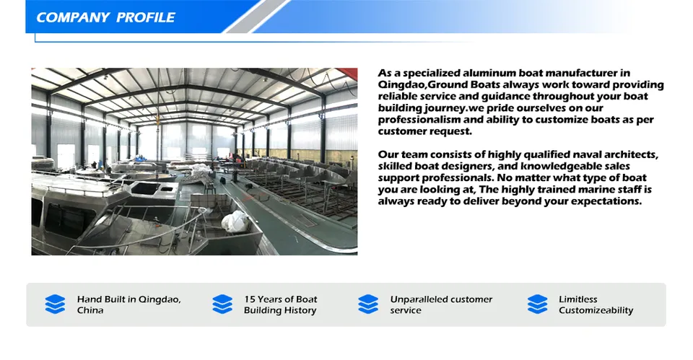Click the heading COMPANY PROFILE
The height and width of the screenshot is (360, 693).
pyautogui.click(x=105, y=17)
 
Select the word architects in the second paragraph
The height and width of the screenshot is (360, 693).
pyautogui.click(x=627, y=154)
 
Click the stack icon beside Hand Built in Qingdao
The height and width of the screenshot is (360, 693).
pyautogui.click(x=55, y=304)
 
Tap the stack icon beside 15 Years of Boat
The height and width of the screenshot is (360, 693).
pyautogui.click(x=222, y=304)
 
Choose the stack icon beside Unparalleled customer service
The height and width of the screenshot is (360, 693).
pyautogui.click(x=368, y=304)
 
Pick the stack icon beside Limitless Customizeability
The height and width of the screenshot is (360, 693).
pyautogui.click(x=538, y=304)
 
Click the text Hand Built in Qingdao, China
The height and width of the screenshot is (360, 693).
pyautogui.click(x=128, y=304)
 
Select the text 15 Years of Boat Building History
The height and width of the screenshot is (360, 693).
pyautogui.click(x=280, y=304)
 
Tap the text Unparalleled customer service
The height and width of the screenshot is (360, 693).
pyautogui.click(x=441, y=304)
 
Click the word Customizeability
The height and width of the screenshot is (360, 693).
pyautogui.click(x=596, y=310)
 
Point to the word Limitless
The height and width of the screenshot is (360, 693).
pyautogui.click(x=578, y=299)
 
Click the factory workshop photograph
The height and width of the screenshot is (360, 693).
pyautogui.click(x=194, y=162)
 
